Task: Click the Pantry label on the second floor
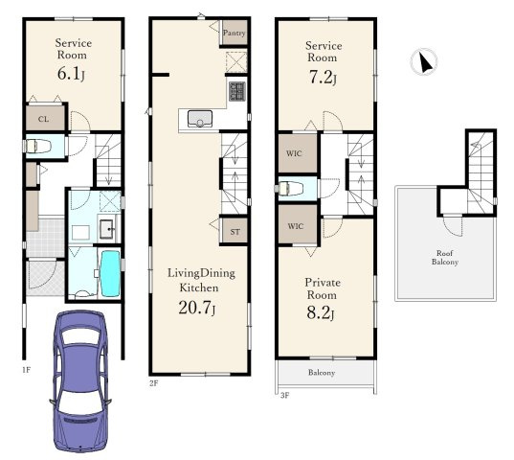[235, 33]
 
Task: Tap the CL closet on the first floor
[45, 118]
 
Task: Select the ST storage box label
[235, 232]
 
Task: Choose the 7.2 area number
[323, 78]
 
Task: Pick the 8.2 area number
[321, 312]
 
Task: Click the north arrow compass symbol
[424, 61]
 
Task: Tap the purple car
[80, 381]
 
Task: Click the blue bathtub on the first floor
[110, 273]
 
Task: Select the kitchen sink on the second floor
[200, 119]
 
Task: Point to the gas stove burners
[237, 91]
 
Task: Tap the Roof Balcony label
[445, 258]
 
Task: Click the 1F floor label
[26, 370]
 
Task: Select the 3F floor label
[285, 396]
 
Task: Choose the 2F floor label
[154, 383]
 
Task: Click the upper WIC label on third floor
[294, 153]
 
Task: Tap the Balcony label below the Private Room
[322, 373]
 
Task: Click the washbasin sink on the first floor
[107, 229]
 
